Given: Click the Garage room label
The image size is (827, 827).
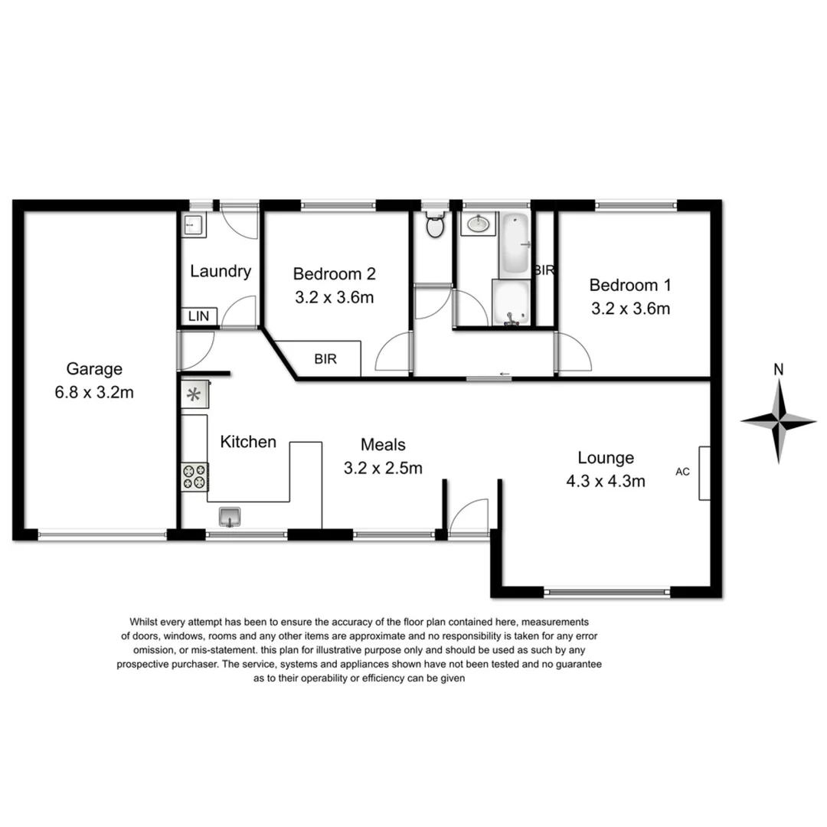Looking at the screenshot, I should tap(94, 369).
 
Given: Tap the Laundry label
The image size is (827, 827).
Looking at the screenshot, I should tap(221, 270).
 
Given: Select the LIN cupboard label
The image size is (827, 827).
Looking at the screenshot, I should tap(198, 316).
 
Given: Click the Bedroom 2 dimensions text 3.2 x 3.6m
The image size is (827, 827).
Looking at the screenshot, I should tap(334, 298).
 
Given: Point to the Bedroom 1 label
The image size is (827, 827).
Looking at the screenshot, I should tap(629, 285).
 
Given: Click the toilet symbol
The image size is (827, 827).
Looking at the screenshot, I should tap(435, 227).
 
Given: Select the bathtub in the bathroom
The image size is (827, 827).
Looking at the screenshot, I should tap(515, 245).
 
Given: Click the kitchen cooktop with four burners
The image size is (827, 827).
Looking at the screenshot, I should tap(194, 476).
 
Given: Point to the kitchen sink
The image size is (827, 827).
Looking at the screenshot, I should tap(230, 517).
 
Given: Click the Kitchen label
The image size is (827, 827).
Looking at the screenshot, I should tap(248, 442).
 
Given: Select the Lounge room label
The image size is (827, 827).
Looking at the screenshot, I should tap(606, 458).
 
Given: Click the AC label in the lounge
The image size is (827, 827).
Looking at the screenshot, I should tap(682, 472).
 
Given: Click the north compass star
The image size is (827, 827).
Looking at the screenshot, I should tap(779, 420).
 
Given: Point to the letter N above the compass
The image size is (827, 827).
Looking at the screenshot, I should tap(779, 369).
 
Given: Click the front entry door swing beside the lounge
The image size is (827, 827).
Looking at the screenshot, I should tap(469, 518).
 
